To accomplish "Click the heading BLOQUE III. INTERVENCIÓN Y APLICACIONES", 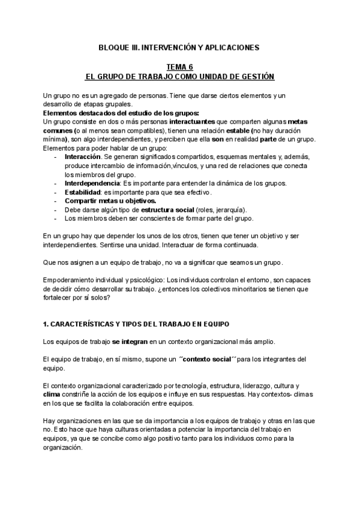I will click(180, 46).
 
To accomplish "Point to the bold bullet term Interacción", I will click(82, 157).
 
